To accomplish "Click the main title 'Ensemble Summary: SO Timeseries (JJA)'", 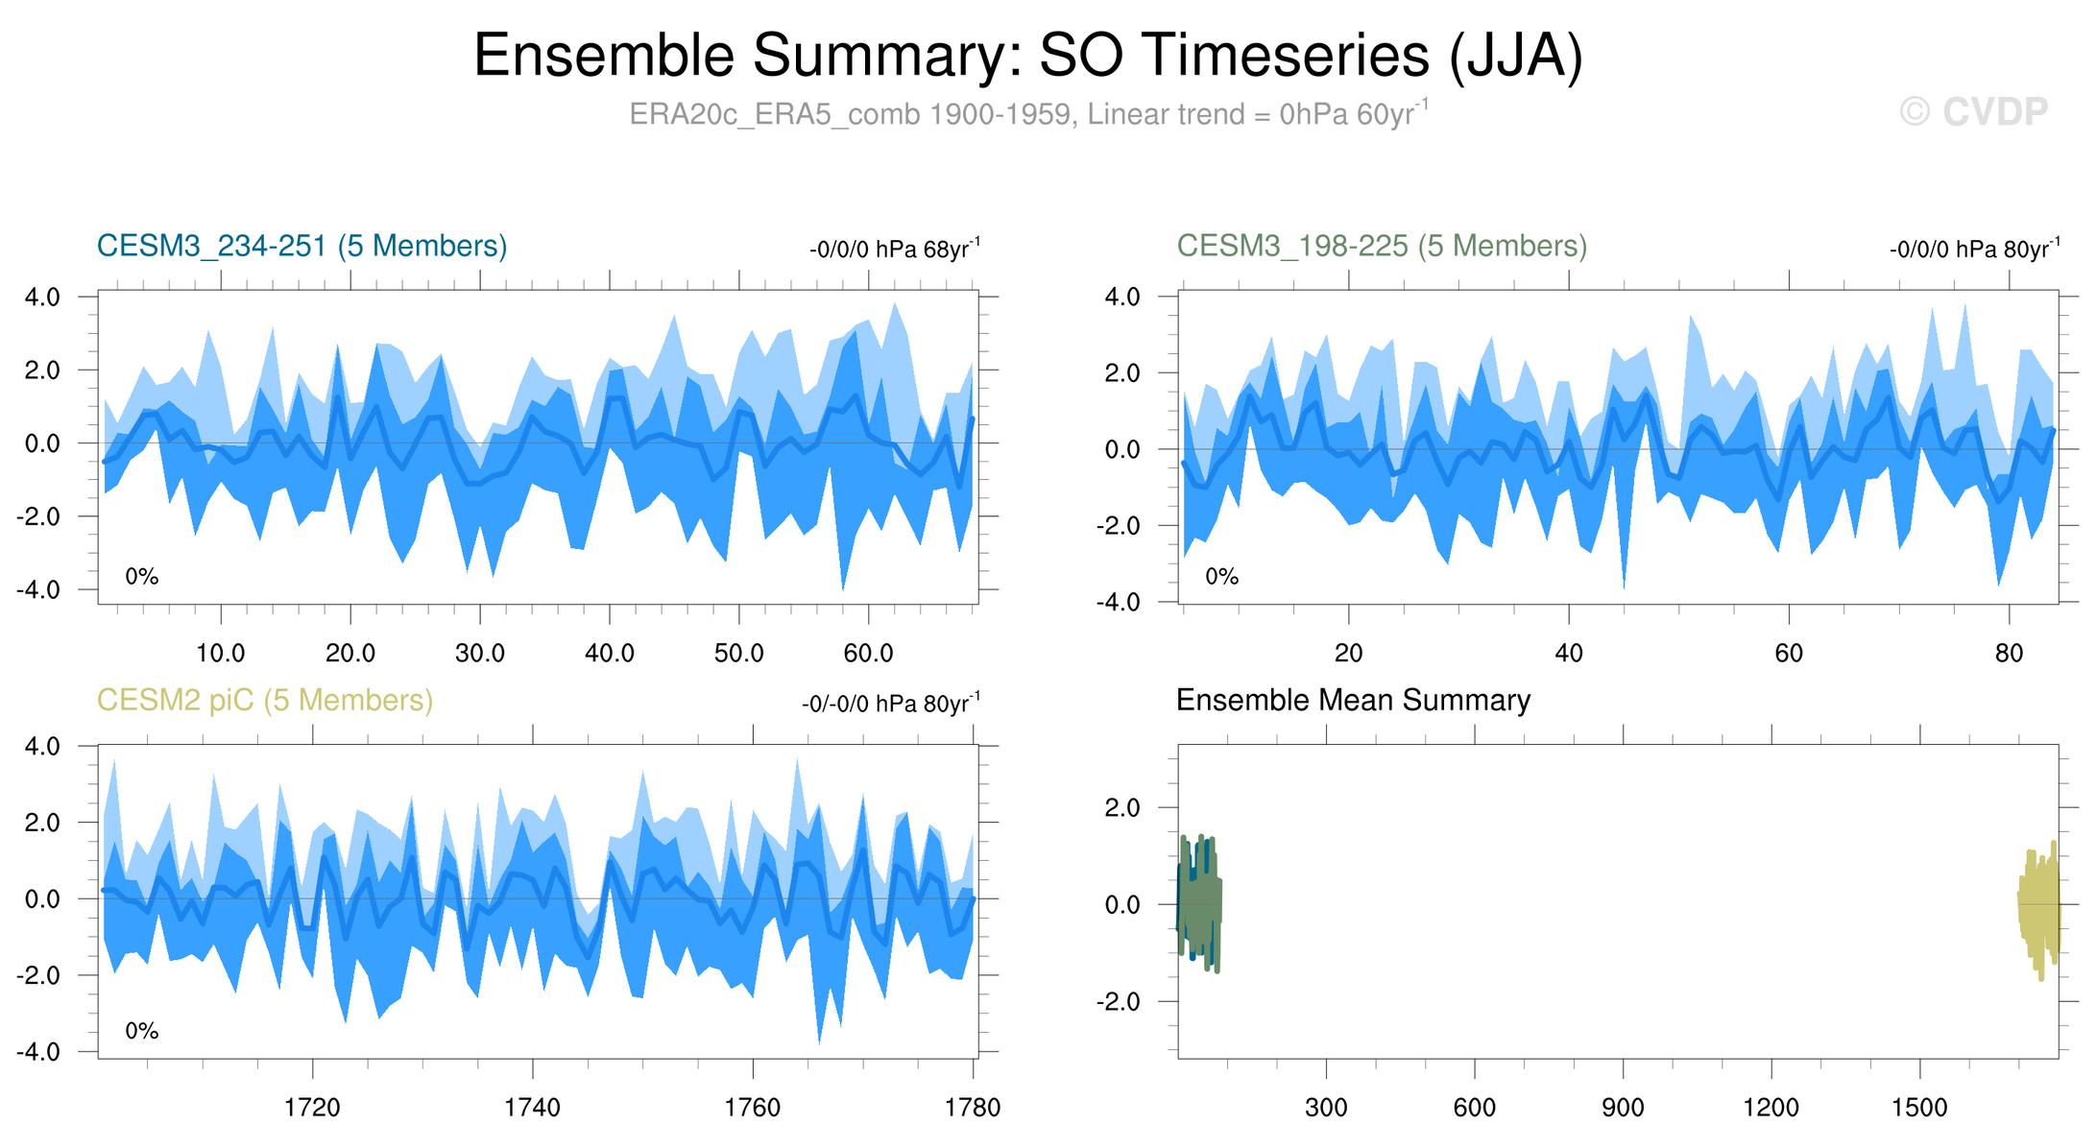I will [1027, 55].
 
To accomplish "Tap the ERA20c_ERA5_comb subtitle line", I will [1027, 114].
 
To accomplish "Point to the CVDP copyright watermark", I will [1974, 112].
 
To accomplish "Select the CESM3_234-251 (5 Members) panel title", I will [301, 247].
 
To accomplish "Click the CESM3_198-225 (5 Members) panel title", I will [1382, 247].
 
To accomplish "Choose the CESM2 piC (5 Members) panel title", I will [265, 701].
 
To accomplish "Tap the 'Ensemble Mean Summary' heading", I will [1353, 701].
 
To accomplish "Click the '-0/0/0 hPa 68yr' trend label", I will [894, 250].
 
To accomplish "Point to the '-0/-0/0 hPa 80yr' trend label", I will [890, 704].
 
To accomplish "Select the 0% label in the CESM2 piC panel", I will [142, 1031].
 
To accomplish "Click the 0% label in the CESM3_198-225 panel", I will [1221, 577].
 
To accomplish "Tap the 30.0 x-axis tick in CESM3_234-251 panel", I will [480, 655].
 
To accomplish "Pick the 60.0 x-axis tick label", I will [868, 655].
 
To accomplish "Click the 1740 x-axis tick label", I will [532, 1109].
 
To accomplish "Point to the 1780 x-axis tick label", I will [973, 1109].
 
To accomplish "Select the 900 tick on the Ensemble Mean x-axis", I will [1623, 1109].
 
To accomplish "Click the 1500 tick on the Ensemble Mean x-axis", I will [1919, 1109].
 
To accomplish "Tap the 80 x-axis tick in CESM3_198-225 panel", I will [2009, 655].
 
